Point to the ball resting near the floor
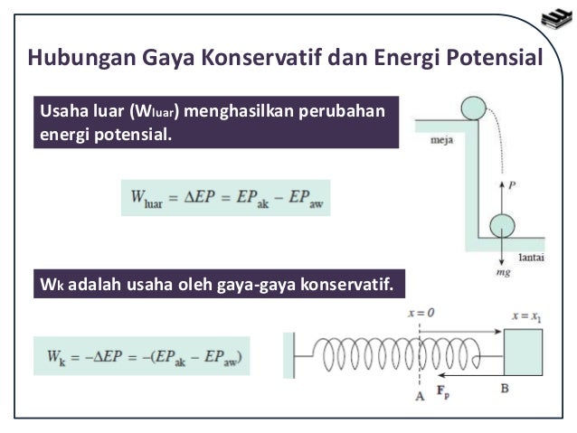click(502, 226)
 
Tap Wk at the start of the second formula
click(56, 357)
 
